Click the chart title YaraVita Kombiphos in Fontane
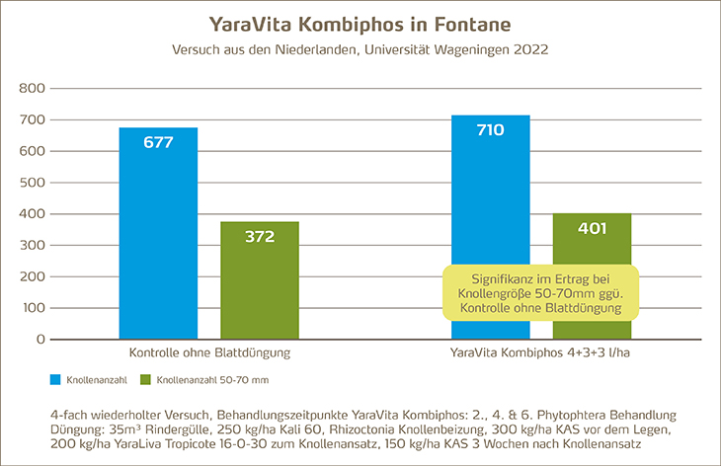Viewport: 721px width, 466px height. point(360,23)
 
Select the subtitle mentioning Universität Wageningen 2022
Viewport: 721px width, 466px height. point(360,47)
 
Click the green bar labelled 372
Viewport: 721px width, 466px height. point(260,280)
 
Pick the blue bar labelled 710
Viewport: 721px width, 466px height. point(491,227)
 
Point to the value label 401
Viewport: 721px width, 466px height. point(592,228)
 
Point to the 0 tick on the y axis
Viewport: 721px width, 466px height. point(40,340)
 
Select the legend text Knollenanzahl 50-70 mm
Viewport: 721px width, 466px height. point(203,379)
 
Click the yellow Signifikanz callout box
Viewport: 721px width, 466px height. point(541,291)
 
